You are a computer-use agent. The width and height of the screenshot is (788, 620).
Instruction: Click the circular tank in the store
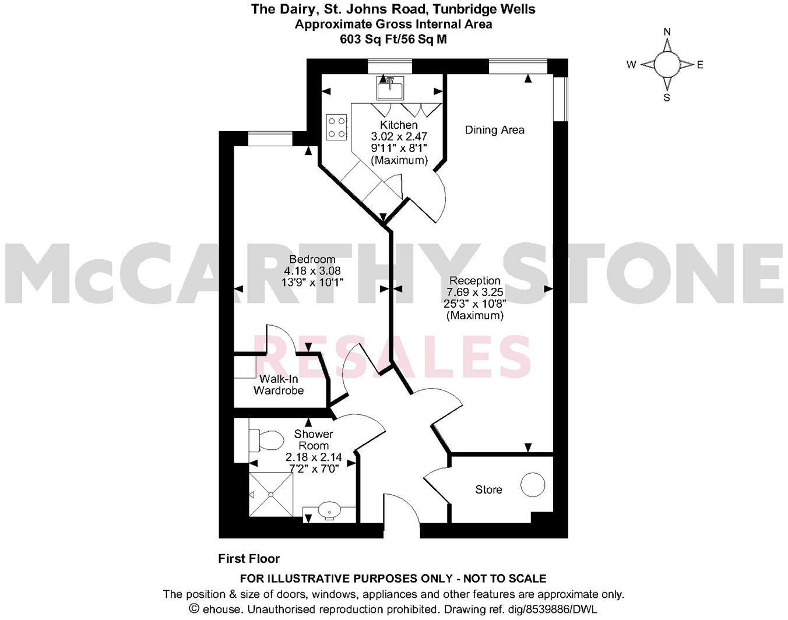point(533,484)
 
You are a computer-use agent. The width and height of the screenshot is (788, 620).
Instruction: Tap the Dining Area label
point(494,130)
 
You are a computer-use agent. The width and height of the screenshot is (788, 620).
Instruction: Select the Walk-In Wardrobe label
point(279,385)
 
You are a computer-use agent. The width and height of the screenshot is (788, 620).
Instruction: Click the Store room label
point(488,489)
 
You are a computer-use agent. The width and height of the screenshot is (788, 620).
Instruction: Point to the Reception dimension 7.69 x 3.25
point(474,293)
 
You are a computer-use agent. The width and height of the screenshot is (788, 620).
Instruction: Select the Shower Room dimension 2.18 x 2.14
point(314,457)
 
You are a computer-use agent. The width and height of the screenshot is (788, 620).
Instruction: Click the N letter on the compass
point(667,32)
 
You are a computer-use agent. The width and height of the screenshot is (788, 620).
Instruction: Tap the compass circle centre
point(667,65)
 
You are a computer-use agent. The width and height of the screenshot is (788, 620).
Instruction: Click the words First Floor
point(249,559)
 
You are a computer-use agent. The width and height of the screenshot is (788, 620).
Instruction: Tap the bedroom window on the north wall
point(270,139)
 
